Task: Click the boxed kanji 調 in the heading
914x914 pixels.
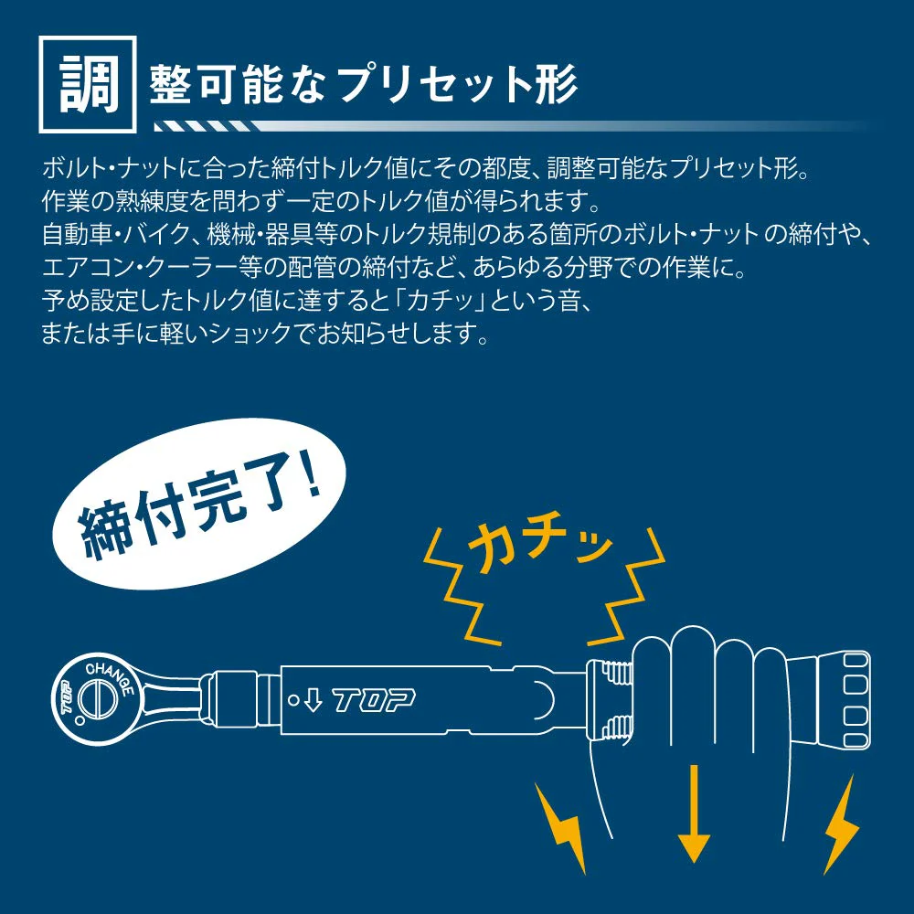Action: pyautogui.click(x=88, y=84)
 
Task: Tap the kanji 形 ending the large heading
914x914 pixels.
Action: pyautogui.click(x=555, y=84)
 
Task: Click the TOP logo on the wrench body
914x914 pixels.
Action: pyautogui.click(x=374, y=700)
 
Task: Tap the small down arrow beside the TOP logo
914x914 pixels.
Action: pyautogui.click(x=313, y=700)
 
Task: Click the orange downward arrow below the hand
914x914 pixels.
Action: pyautogui.click(x=694, y=813)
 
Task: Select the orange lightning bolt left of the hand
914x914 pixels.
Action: pyautogui.click(x=562, y=829)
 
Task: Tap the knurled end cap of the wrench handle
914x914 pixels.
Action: pyautogui.click(x=843, y=699)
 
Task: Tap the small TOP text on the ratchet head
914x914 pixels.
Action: pyautogui.click(x=65, y=697)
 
